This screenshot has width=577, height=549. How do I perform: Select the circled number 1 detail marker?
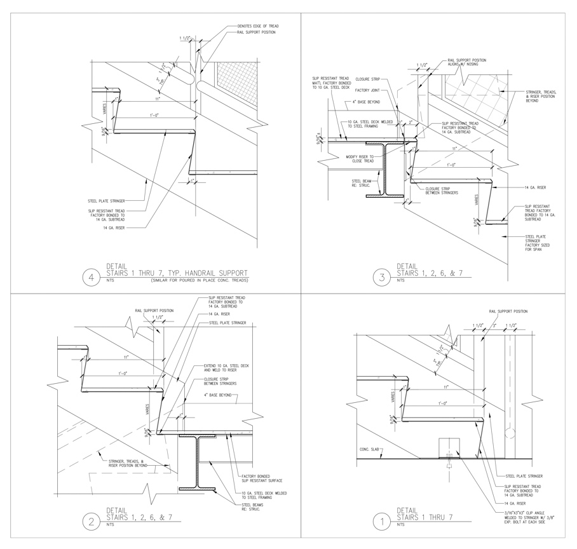click(382, 522)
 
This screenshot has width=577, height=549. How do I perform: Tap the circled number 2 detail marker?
click(92, 522)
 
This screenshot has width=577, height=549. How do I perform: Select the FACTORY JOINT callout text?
click(367, 91)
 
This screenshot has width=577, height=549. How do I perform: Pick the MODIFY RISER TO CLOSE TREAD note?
click(359, 158)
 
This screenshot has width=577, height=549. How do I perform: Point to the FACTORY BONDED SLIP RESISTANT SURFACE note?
click(261, 478)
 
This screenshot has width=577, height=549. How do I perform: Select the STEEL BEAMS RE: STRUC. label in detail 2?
click(254, 507)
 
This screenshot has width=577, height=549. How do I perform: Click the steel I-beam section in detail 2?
click(199, 462)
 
